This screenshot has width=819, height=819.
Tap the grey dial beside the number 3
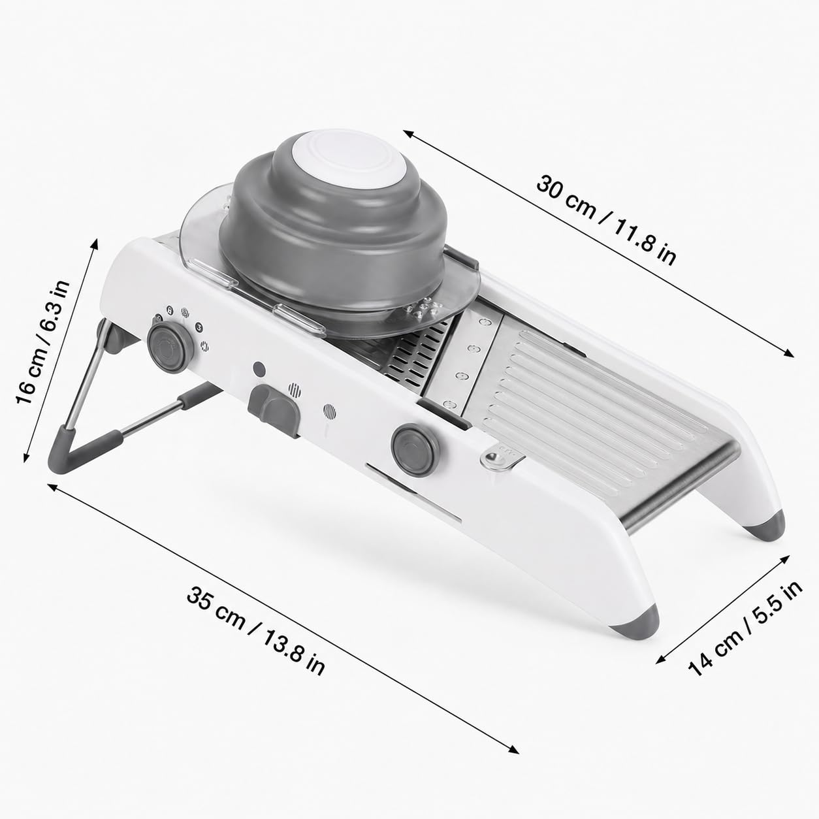click(x=170, y=347)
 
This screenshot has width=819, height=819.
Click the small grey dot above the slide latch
click(x=259, y=369)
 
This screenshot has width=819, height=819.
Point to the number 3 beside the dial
click(x=199, y=327)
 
